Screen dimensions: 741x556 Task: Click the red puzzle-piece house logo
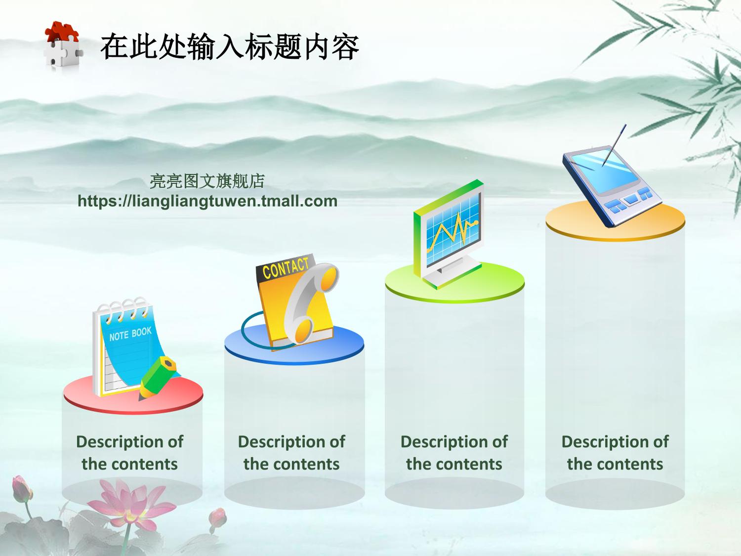coord(63,45)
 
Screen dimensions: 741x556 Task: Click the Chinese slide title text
coord(230,46)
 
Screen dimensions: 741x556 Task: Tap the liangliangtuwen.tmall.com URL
coord(207,201)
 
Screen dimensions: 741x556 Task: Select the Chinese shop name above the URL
coord(207,181)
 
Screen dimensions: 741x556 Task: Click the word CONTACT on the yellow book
coord(286,268)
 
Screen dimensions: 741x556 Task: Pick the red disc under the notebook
coord(133,395)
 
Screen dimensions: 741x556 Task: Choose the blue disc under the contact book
coord(294,344)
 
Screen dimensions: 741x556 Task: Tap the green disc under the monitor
coord(454,283)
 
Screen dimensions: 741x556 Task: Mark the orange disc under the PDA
coord(615,221)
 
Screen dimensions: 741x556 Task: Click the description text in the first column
coord(129,453)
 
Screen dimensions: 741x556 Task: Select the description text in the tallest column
coord(615,453)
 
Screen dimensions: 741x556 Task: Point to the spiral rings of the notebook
coord(123,309)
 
